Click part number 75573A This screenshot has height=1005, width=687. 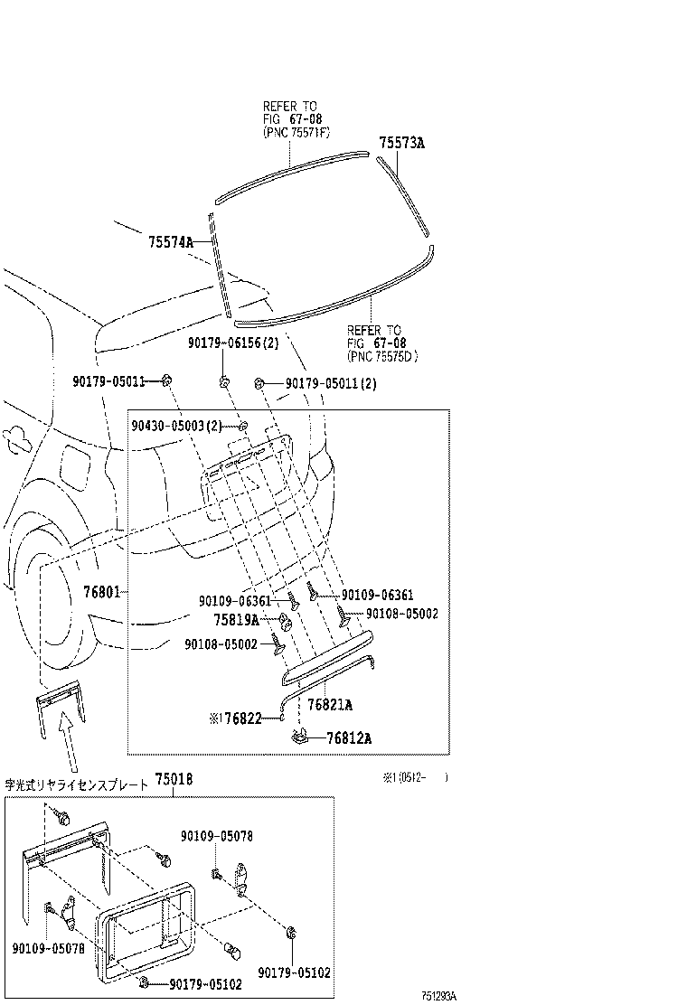point(401,143)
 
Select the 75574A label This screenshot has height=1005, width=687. point(172,242)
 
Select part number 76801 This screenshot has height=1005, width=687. point(101,593)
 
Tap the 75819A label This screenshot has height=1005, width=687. point(236,620)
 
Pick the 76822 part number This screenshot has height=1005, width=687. point(242,719)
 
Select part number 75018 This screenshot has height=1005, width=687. point(173,779)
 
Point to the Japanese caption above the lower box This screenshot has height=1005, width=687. point(76,784)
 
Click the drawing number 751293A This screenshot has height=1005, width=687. point(438,996)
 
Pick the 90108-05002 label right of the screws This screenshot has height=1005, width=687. point(401,614)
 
